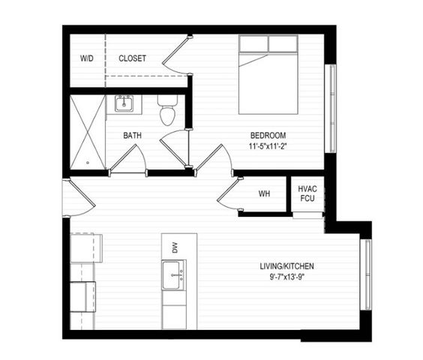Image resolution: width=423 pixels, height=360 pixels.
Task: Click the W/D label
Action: coord(86,58)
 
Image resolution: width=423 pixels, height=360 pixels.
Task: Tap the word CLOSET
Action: coord(133,58)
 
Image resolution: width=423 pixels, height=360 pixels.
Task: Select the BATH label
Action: coord(133,136)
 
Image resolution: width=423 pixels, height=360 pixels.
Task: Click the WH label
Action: coord(264,194)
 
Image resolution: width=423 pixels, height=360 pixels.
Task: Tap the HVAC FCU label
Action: coord(307,193)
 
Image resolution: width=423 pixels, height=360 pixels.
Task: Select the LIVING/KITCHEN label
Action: coord(286,266)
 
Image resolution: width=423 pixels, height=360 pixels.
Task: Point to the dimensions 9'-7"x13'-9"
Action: coord(286,277)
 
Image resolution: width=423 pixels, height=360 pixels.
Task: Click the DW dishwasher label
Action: coord(174,247)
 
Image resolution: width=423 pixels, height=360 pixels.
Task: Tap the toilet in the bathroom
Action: coord(167,111)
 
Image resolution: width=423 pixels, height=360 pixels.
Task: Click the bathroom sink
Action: coord(124,103)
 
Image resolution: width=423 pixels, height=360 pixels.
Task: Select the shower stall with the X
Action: coord(88,131)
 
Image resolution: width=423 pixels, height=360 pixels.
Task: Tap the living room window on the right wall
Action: coord(367,274)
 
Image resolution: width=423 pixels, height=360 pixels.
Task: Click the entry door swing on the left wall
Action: coord(78,197)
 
